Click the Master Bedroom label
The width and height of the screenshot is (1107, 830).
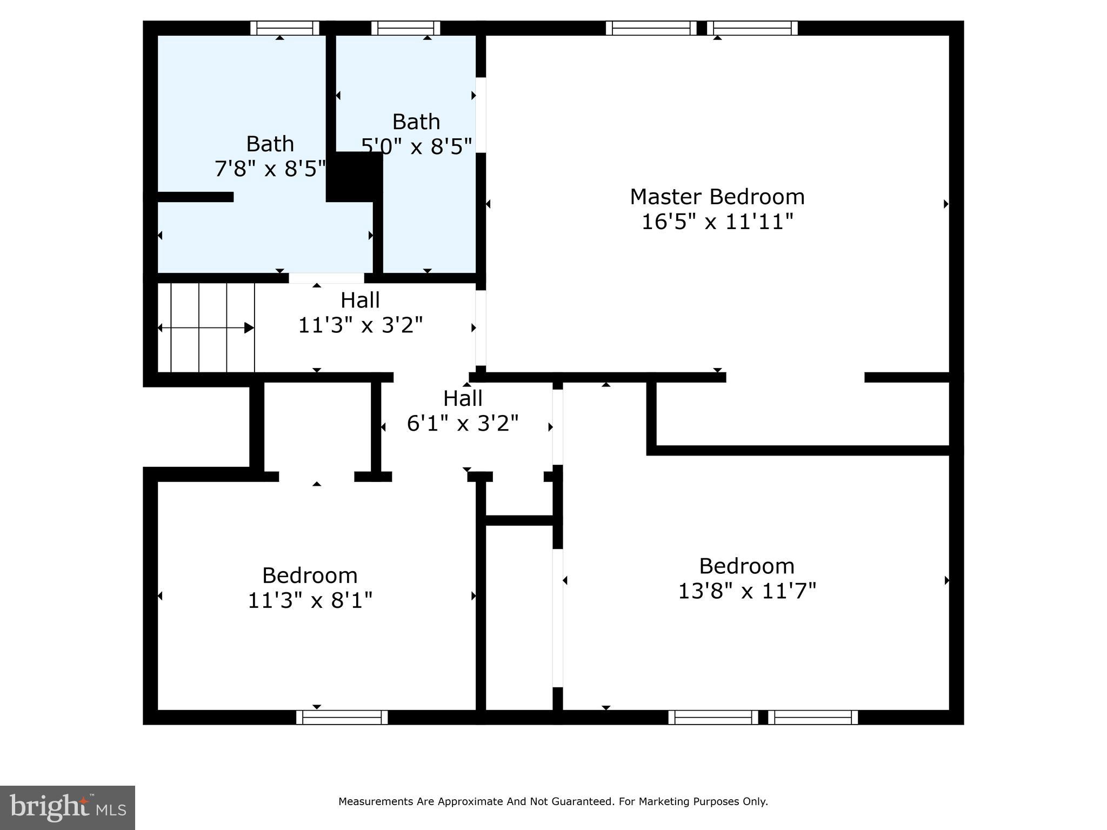717,197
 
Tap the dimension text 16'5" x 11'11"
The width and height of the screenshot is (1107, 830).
717,222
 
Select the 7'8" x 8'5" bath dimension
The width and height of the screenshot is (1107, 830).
270,169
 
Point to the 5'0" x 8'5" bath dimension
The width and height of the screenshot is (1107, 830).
416,146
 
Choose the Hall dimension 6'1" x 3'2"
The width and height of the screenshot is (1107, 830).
462,424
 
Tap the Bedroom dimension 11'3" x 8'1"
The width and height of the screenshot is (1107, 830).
310,600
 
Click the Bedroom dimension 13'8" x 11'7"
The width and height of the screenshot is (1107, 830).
746,591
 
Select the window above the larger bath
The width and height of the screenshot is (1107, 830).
285,28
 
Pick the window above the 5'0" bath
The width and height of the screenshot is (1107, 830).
405,28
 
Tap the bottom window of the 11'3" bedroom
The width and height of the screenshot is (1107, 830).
342,717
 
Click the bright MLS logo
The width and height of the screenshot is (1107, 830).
68,807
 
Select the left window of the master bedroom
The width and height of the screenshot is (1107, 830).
651,28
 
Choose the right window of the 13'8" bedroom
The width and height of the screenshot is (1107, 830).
813,717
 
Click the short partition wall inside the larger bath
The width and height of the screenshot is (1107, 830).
195,197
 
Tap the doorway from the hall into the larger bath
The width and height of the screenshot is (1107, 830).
326,278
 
